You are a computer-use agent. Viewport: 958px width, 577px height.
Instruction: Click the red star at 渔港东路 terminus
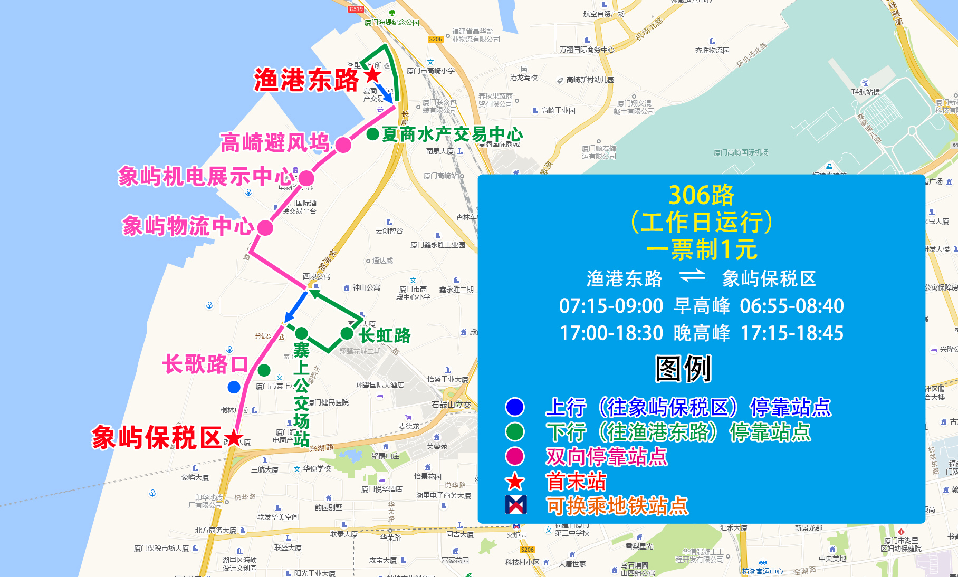[373, 74]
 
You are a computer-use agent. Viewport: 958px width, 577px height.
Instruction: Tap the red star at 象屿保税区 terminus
[233, 438]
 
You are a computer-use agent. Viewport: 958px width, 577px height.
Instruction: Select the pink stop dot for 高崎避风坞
[343, 145]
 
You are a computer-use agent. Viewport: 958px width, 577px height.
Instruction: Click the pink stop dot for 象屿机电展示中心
[306, 178]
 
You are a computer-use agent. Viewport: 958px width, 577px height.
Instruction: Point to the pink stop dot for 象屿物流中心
[265, 228]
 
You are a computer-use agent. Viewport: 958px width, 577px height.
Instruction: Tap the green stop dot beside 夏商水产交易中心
[372, 134]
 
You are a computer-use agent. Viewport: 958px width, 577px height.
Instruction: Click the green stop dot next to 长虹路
[347, 333]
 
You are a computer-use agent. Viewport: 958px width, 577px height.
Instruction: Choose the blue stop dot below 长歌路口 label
[234, 387]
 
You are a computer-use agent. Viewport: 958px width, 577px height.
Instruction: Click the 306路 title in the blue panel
[701, 195]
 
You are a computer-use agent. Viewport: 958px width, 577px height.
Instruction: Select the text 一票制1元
[701, 249]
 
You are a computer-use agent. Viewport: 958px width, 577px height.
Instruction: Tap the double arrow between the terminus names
[692, 276]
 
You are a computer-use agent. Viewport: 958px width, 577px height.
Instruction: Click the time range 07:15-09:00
[611, 306]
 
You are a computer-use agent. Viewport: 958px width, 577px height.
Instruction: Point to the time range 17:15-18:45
[792, 333]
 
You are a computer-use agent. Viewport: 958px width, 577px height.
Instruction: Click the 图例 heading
[683, 369]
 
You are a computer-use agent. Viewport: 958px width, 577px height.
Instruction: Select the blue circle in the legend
[514, 407]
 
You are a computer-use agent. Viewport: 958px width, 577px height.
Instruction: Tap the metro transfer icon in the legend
[515, 505]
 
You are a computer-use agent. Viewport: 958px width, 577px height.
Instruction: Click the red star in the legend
[515, 482]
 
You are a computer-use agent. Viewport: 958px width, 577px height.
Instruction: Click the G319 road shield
[356, 9]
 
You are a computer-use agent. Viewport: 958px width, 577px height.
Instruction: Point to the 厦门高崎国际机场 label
[741, 152]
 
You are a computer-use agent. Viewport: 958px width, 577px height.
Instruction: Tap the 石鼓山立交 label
[451, 405]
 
